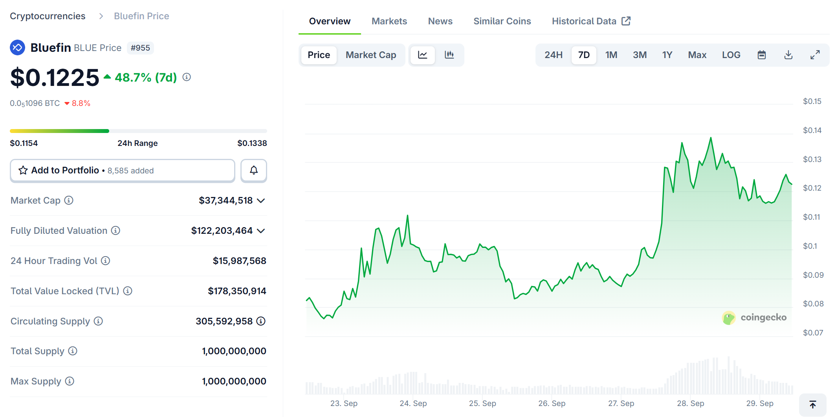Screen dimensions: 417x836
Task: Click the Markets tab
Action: coord(389,21)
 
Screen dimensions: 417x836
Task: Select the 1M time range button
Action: coord(611,55)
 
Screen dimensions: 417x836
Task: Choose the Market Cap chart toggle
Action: coord(370,55)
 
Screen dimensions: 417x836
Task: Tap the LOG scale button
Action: coord(731,55)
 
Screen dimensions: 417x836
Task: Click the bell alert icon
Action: coord(254,170)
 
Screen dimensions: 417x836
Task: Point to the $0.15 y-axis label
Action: coord(812,101)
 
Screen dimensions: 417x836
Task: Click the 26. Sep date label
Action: coord(552,403)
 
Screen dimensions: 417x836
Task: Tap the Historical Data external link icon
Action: coord(626,21)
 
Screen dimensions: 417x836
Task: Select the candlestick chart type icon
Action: coord(449,55)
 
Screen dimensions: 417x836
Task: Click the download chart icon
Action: coord(788,55)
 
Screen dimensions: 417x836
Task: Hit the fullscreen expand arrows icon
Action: coord(815,55)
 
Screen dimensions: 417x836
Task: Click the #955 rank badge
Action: coord(140,48)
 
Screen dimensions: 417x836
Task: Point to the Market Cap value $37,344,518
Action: coord(225,200)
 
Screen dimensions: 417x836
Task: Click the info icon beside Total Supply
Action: coord(73,351)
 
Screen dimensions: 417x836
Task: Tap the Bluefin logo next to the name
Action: coord(17,47)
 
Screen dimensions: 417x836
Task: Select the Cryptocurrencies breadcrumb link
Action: coord(48,16)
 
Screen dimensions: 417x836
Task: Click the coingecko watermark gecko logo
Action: coord(729,318)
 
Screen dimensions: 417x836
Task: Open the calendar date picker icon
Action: coord(761,55)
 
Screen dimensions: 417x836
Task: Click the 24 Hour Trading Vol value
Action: coord(239,261)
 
